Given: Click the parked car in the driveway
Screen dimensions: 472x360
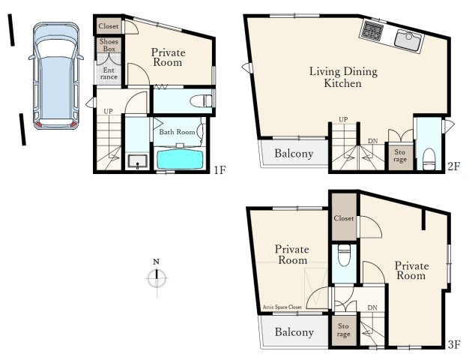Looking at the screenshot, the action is click(56, 76).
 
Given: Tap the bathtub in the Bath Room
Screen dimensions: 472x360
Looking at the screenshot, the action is click(180, 159).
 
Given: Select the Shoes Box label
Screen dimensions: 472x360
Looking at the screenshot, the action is click(109, 45).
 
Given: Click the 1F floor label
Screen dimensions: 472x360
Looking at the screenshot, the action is click(220, 170).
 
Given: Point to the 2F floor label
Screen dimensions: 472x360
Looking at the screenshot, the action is click(453, 166).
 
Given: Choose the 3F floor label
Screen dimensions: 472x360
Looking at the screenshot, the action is click(454, 344).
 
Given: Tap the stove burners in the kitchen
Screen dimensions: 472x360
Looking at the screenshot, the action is click(372, 30).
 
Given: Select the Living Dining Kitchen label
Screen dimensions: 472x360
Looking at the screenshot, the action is click(343, 77).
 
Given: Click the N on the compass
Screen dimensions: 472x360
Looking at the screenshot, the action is click(156, 262).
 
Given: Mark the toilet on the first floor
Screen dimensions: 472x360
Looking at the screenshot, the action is click(201, 101).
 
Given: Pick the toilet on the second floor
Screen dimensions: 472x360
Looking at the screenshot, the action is click(429, 159).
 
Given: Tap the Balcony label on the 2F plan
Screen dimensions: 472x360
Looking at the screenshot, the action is click(294, 154).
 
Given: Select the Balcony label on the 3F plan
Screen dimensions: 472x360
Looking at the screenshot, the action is click(294, 332).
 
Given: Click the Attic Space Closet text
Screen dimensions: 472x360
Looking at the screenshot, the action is click(282, 307).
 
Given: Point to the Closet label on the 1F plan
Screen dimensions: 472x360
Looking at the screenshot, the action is click(109, 26).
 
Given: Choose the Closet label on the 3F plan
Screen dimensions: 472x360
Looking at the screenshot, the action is click(344, 217).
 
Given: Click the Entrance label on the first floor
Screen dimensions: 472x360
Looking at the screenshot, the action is click(109, 73).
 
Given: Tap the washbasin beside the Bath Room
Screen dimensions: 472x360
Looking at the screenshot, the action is click(137, 160).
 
